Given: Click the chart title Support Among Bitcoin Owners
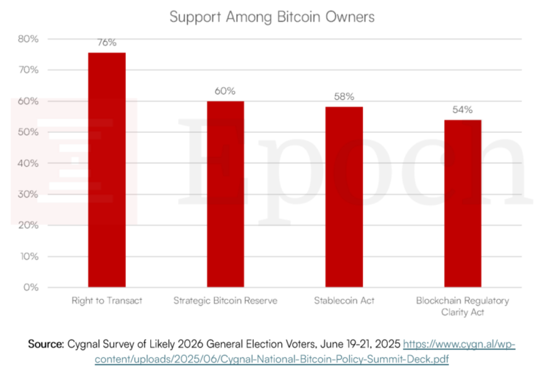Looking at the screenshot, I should point(272,17).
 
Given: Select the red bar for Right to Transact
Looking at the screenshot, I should point(107,170).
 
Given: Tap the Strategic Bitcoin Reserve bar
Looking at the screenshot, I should point(225,194).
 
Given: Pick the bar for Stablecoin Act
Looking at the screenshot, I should point(344,197).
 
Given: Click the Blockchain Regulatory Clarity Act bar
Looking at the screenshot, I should point(462,204).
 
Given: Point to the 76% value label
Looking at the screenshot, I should point(107,43).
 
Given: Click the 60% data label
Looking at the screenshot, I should point(225,91).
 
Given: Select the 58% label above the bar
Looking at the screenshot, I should point(344,96).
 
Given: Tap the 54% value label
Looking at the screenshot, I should point(462,109).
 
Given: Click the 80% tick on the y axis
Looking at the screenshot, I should point(28,39).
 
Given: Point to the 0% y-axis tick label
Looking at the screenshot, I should point(30,288).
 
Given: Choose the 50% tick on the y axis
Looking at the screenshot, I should point(28,132).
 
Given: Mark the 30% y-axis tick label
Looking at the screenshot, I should point(28,194).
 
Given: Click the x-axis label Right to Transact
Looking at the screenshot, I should point(107,301).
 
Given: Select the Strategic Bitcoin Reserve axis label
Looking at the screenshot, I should point(225,301).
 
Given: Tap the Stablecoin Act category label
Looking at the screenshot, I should point(344,301).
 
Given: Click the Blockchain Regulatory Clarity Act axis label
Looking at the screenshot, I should point(462,306).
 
